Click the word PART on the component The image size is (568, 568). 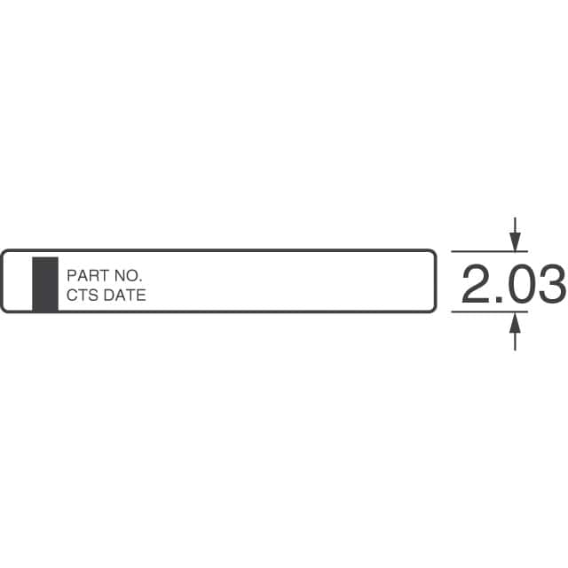(x=89, y=276)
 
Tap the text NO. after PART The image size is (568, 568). (x=128, y=276)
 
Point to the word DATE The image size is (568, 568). (x=124, y=295)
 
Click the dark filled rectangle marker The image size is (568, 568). (x=45, y=284)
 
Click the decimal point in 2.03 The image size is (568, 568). (x=499, y=299)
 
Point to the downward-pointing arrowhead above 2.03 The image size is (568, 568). (x=515, y=241)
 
